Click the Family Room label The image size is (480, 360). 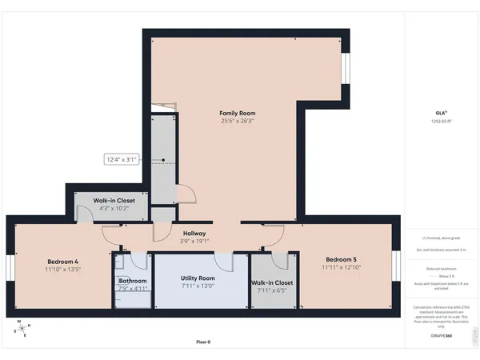pyautogui.click(x=237, y=113)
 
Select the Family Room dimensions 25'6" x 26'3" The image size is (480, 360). pyautogui.click(x=237, y=122)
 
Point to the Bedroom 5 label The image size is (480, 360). pyautogui.click(x=340, y=259)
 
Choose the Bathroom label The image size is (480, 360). pyautogui.click(x=133, y=281)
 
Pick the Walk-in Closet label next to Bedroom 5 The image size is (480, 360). pyautogui.click(x=272, y=282)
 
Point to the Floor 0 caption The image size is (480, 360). pyautogui.click(x=203, y=342)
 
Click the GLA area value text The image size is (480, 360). pyautogui.click(x=441, y=121)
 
